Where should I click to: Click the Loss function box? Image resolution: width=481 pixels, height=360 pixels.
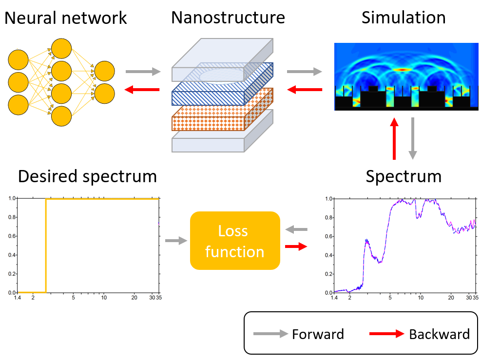point(235,241)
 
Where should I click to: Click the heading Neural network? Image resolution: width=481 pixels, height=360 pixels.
point(66,18)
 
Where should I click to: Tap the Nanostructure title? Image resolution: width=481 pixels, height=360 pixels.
point(228,18)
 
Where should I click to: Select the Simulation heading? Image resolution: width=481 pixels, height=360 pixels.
point(404,18)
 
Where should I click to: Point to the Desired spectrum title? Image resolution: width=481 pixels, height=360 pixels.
point(87,177)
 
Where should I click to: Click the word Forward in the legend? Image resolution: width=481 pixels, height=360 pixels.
point(318,334)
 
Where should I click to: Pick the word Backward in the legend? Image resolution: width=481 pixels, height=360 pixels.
point(439,334)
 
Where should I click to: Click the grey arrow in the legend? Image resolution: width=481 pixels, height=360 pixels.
point(270,334)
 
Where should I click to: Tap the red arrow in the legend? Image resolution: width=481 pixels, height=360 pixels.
point(387,334)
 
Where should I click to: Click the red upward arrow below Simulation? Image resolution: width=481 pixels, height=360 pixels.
point(394,139)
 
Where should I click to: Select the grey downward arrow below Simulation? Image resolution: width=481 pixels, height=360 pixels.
point(413,139)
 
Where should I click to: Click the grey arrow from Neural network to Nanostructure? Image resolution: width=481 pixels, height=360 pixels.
point(143,72)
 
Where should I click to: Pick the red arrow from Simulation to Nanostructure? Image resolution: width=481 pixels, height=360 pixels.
point(305,90)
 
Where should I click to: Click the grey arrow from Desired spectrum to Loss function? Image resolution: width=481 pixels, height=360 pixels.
point(176,241)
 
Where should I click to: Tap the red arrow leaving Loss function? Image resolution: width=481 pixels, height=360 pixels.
point(296,246)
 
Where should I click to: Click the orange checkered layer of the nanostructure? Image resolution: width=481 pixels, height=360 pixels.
point(222,110)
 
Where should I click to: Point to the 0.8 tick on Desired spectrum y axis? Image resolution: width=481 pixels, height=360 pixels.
point(12,217)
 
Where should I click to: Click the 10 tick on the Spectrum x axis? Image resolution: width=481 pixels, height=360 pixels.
point(421,298)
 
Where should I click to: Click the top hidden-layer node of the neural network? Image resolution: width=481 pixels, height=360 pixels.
point(61,48)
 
